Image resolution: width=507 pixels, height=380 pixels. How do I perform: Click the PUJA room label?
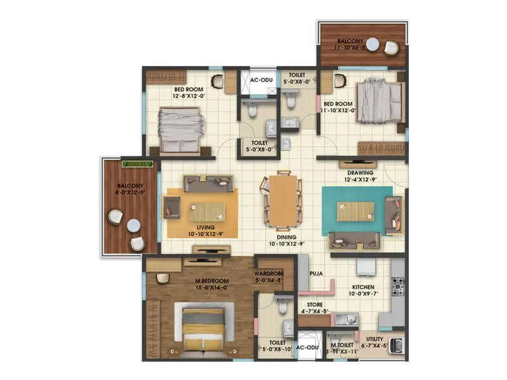(317, 274)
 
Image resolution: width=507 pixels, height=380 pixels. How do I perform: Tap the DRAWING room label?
(360, 172)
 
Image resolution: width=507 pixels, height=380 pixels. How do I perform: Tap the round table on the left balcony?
(133, 225)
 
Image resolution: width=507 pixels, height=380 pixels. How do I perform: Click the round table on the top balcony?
(373, 44)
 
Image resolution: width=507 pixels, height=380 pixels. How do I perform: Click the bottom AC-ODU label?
(308, 348)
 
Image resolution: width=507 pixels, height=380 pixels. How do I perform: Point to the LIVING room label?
(205, 227)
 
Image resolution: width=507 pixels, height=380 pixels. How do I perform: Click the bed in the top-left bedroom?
(180, 129)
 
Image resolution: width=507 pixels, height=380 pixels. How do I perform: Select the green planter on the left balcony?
(138, 163)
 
